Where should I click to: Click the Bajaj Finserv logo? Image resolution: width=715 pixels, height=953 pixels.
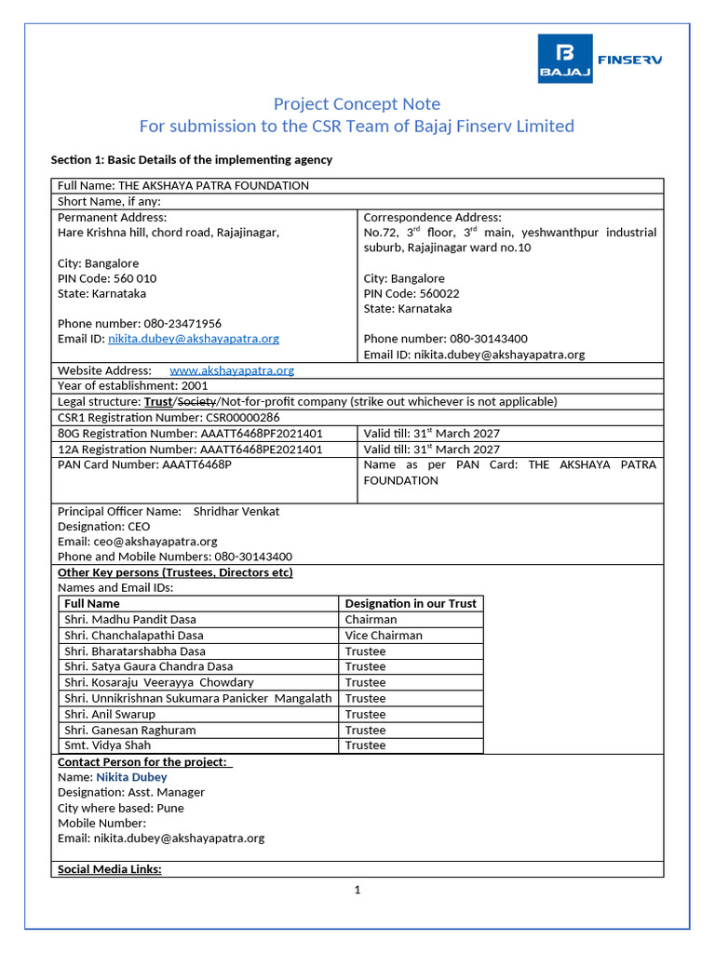pos(600,59)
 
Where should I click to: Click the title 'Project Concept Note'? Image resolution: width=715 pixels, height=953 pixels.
pos(357,103)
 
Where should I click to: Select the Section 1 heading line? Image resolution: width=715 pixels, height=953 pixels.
pos(191,160)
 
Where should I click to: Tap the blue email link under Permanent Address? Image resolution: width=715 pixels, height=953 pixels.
pos(193,339)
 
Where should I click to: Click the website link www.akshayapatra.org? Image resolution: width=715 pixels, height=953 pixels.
pos(231,370)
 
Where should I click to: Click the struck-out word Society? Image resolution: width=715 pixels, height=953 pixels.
pos(196,402)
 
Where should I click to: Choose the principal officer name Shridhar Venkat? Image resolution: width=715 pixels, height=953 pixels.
pos(236,511)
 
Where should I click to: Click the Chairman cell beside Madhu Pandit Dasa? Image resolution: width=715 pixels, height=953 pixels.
pos(371,619)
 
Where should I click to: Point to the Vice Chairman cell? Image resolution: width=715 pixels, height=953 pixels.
pos(383,636)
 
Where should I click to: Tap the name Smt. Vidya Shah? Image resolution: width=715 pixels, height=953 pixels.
pos(107,745)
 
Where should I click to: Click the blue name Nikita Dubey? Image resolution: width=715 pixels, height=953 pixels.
pos(131,777)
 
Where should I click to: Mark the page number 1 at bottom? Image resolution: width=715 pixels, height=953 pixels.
pos(357,890)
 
